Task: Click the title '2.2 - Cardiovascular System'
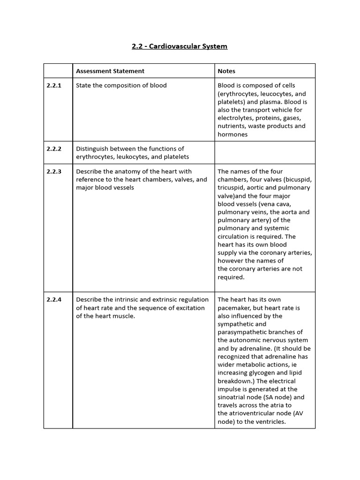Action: point(180,46)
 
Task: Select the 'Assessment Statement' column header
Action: point(110,71)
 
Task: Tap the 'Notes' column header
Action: point(226,71)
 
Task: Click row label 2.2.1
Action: point(54,85)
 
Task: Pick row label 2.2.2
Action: point(54,149)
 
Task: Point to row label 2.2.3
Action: point(54,172)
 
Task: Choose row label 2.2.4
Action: point(54,300)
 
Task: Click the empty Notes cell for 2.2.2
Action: point(265,152)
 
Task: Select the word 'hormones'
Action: point(232,134)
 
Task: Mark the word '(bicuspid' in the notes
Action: point(297,180)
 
